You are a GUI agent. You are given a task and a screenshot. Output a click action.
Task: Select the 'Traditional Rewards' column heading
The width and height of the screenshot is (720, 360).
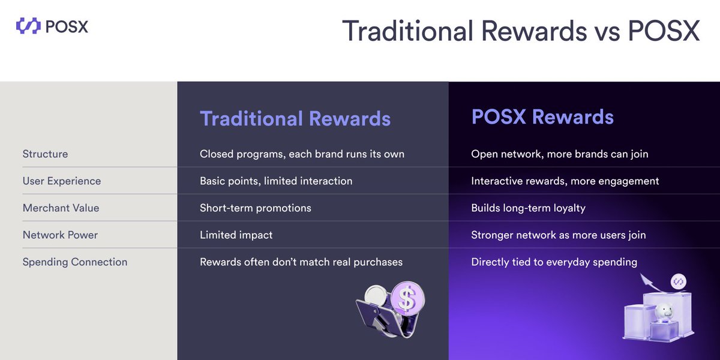coord(295,118)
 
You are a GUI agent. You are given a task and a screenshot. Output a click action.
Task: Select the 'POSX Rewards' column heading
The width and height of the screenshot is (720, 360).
coord(542,116)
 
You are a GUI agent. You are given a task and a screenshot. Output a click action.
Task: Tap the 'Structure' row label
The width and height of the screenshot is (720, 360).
coord(45,154)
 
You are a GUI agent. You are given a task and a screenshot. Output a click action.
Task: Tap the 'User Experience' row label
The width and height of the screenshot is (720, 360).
coord(62,181)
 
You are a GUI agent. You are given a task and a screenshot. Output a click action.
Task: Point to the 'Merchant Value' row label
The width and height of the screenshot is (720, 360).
coord(61,208)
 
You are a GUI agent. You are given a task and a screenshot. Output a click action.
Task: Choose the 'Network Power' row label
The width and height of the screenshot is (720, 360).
coord(60,235)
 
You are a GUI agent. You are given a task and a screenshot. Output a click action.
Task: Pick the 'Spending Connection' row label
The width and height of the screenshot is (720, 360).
coord(75,262)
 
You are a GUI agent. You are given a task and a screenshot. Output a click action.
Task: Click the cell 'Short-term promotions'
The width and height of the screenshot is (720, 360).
coord(256,208)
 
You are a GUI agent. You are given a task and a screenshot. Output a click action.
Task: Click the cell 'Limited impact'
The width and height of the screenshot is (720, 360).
coord(236,235)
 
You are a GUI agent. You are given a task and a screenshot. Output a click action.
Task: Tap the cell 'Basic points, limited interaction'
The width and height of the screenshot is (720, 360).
coord(276,181)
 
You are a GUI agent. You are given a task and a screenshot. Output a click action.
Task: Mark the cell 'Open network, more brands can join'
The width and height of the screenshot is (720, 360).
coord(559,154)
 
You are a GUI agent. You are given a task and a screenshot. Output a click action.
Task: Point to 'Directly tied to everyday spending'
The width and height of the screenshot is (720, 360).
coord(554,262)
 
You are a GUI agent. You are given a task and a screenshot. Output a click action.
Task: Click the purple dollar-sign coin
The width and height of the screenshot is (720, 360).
coord(407,299)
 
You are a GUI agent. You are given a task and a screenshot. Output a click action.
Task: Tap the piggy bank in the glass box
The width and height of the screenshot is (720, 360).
coord(664,312)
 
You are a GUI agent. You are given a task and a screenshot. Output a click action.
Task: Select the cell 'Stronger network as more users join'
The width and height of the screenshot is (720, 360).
coord(558,235)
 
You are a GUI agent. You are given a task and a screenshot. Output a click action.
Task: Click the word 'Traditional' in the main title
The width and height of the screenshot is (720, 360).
coord(414,31)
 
